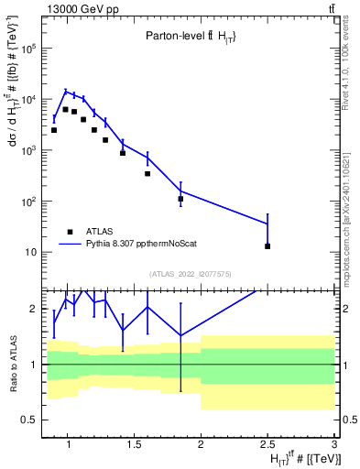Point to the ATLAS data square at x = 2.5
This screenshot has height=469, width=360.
[x=267, y=245]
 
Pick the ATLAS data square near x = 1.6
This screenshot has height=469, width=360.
[x=147, y=173]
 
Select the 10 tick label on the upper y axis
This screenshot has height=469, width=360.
[x=29, y=252]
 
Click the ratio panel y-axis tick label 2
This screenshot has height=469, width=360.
[x=32, y=309]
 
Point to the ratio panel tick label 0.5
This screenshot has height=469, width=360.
[x=27, y=420]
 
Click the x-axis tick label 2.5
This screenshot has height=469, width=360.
[x=267, y=444]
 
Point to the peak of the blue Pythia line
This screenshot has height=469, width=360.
[x=65, y=91]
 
